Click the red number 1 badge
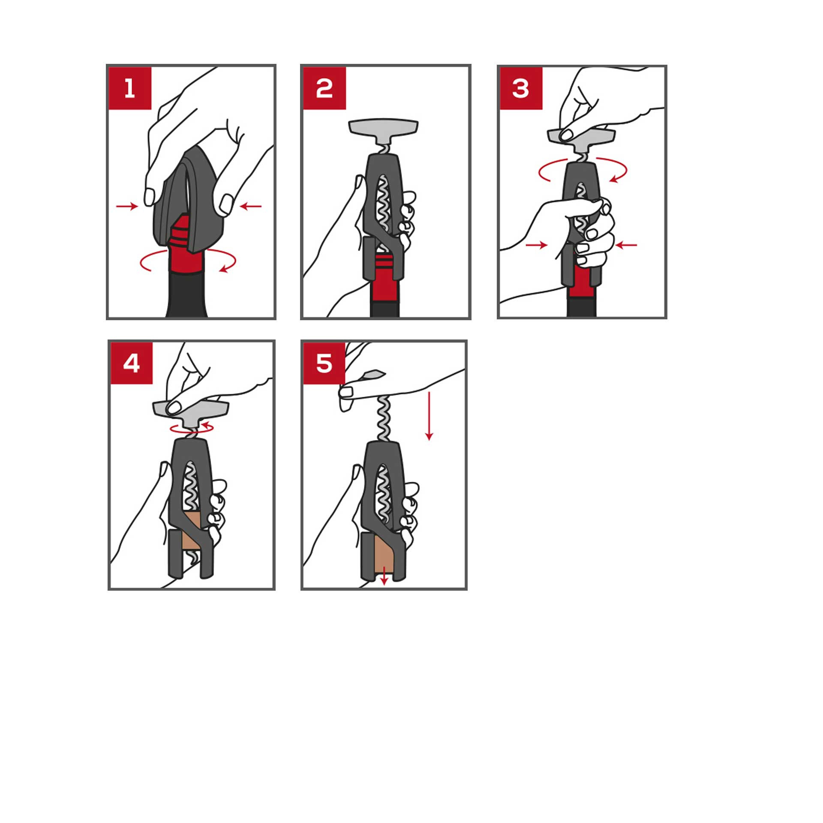[130, 88]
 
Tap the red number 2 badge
[324, 88]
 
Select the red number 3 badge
[521, 88]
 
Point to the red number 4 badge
[132, 363]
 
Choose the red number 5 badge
[324, 363]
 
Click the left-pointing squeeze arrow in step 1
[251, 207]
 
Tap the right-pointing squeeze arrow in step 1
[127, 207]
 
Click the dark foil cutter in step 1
[189, 201]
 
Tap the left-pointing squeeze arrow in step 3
[626, 245]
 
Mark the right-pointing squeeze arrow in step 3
[537, 245]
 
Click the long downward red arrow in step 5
[429, 415]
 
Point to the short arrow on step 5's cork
[384, 576]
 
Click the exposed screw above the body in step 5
[383, 418]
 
